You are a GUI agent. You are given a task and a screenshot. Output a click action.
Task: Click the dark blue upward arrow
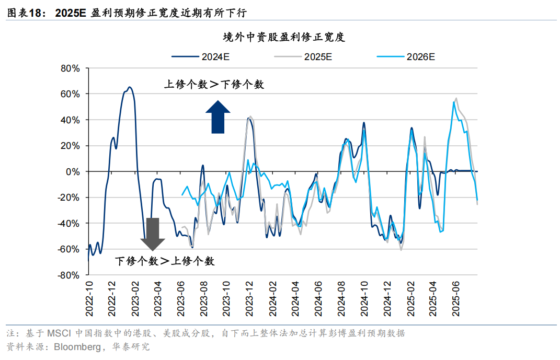click(218, 117)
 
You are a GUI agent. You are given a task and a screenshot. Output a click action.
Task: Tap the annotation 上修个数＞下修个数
click(214, 84)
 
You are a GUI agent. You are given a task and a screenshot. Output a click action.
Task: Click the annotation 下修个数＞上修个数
click(164, 261)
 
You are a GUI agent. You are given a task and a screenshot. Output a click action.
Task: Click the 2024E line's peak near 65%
click(130, 87)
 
